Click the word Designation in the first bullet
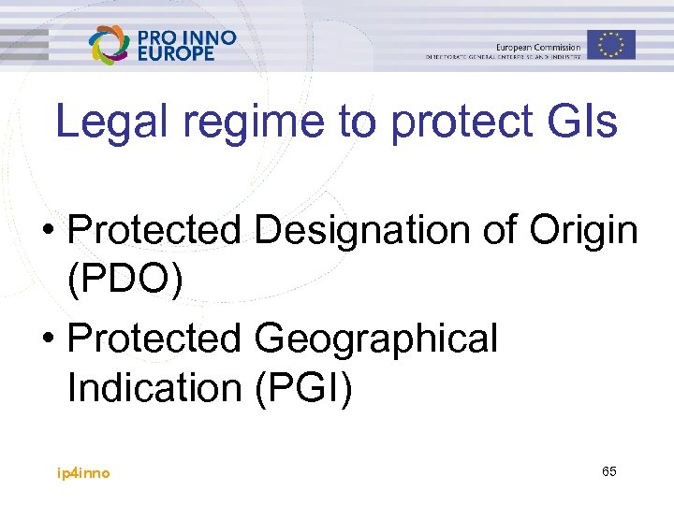[364, 230]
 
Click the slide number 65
[608, 471]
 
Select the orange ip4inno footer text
[83, 473]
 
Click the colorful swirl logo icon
[109, 45]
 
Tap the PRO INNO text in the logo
[187, 37]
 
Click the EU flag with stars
[611, 44]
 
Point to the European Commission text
[537, 47]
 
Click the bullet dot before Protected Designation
[56, 230]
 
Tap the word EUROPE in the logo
[176, 53]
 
